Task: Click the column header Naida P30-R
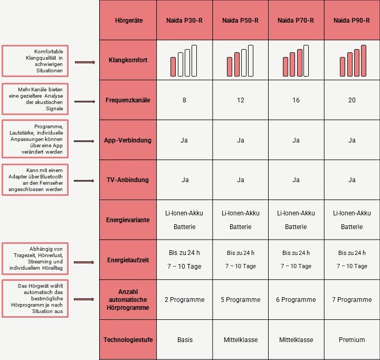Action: pos(185,21)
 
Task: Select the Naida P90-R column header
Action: pos(351,21)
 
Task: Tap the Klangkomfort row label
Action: pos(128,60)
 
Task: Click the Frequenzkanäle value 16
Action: pos(296,100)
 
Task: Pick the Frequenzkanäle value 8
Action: pos(185,100)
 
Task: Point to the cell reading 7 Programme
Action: pos(351,300)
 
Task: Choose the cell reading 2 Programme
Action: pos(185,300)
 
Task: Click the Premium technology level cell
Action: pos(351,340)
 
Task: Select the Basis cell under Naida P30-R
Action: pos(185,340)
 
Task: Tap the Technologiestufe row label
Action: pos(128,340)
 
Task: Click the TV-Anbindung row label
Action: pos(128,180)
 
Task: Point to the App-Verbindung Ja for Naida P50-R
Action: pos(241,140)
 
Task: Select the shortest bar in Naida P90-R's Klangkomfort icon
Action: pos(342,67)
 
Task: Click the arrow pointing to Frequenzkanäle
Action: pos(85,100)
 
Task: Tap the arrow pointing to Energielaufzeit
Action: pos(85,261)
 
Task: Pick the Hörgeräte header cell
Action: pos(128,21)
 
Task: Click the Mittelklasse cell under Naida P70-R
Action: pos(296,340)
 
